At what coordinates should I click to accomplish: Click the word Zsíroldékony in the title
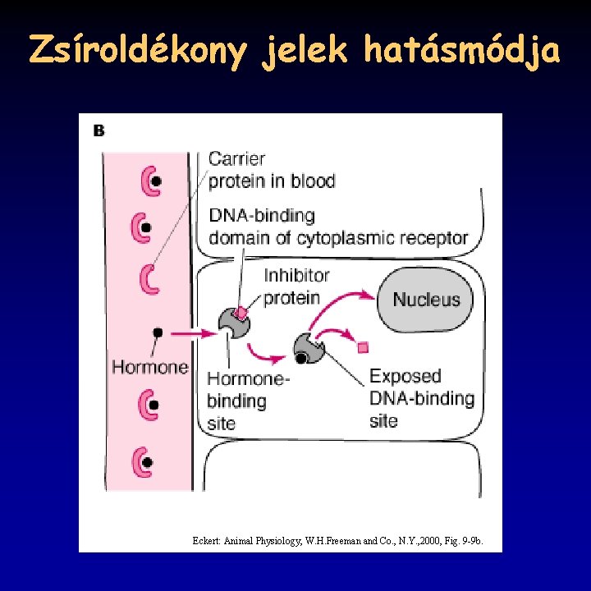(138, 52)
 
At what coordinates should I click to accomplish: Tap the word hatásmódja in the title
(462, 52)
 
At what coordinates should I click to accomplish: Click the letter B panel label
(99, 131)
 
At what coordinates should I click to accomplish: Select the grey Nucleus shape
(426, 299)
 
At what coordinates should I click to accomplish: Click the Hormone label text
(150, 367)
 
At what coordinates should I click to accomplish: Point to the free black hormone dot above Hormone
(158, 332)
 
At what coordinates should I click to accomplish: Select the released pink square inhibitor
(363, 347)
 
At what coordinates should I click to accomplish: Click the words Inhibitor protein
(296, 286)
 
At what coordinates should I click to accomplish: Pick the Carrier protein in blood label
(272, 169)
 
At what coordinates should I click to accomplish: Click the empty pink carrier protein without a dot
(149, 278)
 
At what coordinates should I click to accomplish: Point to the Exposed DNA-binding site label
(421, 398)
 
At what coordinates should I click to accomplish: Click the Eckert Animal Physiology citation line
(342, 541)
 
